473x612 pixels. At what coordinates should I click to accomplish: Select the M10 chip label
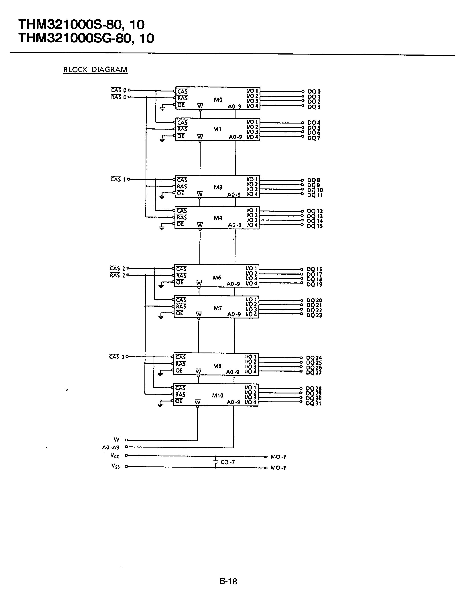click(x=217, y=395)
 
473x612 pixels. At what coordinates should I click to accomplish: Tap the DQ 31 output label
click(x=314, y=403)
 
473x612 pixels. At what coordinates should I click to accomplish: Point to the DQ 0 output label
click(x=314, y=91)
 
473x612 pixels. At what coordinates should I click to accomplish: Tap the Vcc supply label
click(x=115, y=456)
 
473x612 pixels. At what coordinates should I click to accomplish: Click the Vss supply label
click(x=115, y=466)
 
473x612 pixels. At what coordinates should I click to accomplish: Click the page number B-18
click(x=228, y=582)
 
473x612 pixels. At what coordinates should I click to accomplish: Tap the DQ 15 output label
click(x=315, y=226)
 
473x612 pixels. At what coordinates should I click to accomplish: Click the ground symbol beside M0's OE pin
click(x=162, y=108)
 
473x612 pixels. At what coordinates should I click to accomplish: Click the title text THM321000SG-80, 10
click(x=86, y=38)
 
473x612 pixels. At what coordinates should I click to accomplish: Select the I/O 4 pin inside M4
click(x=252, y=225)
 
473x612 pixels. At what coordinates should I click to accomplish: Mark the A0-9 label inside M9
click(x=233, y=372)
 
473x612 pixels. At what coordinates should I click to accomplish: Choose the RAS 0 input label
click(x=119, y=97)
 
